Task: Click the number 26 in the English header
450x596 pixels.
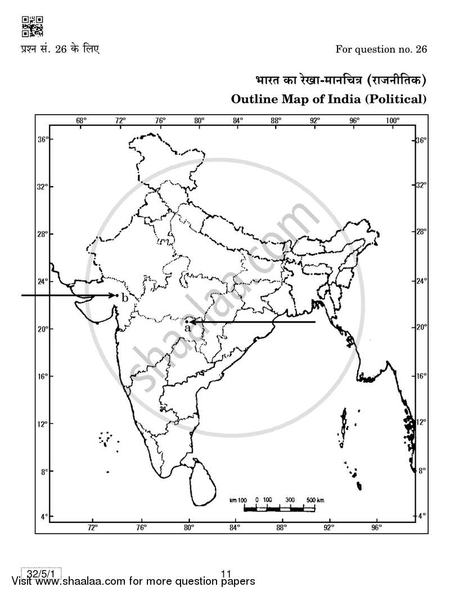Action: tap(421, 49)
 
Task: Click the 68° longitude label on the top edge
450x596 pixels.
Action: tap(81, 120)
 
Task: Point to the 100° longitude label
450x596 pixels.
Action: tap(393, 120)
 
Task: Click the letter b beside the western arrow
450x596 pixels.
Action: tap(125, 298)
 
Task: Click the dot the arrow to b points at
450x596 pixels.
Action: tap(116, 295)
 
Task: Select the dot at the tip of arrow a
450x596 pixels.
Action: tap(187, 322)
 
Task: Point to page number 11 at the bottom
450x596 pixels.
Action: tap(227, 574)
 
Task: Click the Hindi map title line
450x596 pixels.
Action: tap(337, 81)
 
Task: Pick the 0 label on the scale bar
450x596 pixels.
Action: tap(256, 499)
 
